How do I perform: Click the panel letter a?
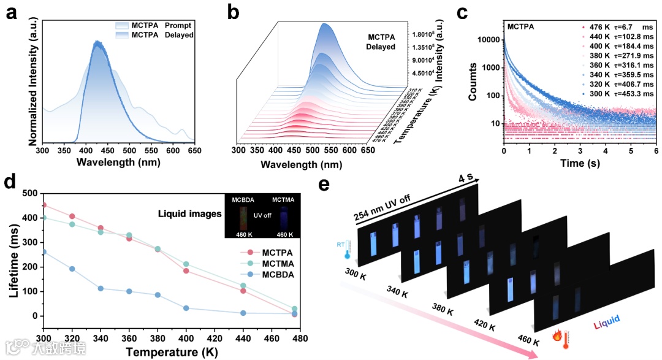click(x=11, y=12)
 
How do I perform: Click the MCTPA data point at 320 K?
click(x=72, y=216)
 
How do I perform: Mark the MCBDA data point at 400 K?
click(x=186, y=308)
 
